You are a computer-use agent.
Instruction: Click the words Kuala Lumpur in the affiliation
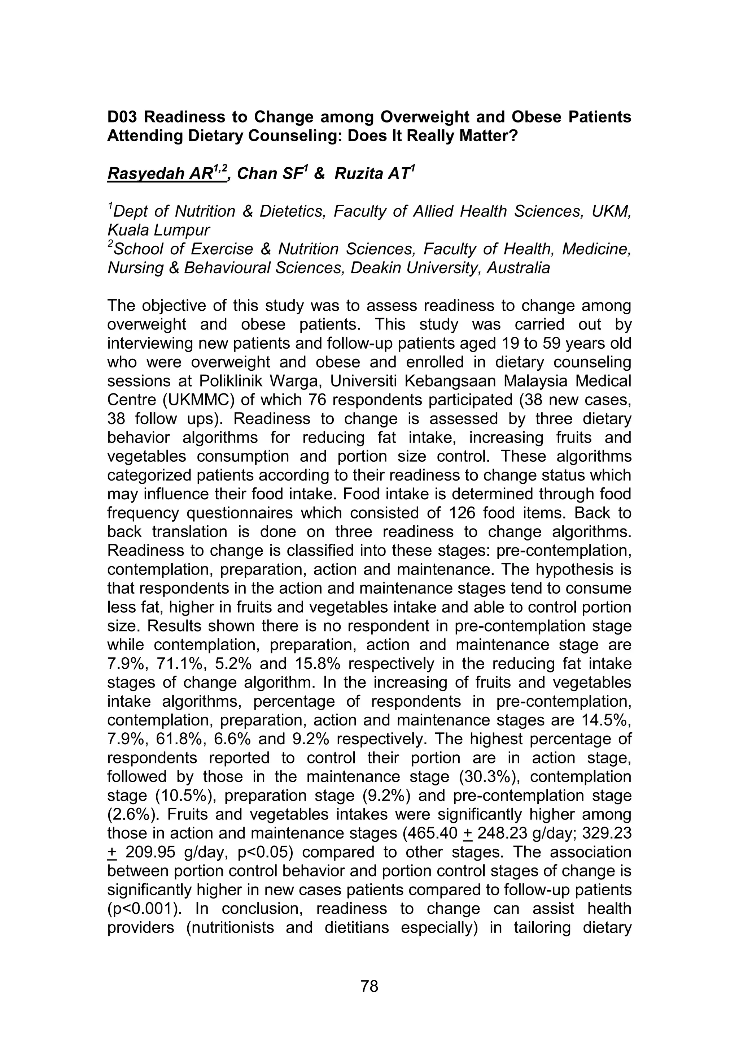pos(159,230)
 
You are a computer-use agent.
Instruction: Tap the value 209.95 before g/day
pos(149,852)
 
